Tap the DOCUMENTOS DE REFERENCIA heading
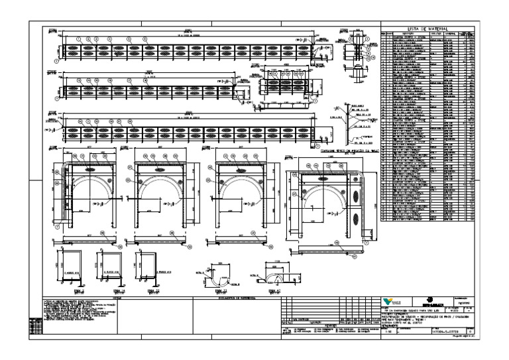click(236, 298)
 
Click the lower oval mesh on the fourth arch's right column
click(359, 219)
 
